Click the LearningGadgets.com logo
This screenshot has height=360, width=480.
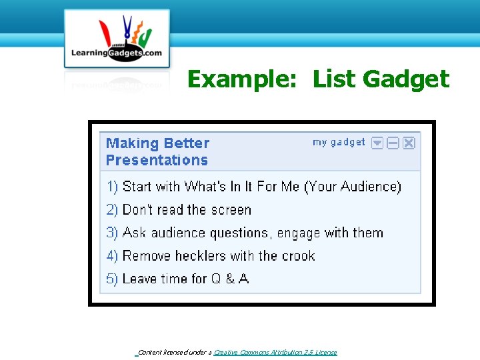[x=117, y=39]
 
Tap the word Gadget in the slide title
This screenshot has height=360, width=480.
[x=406, y=79]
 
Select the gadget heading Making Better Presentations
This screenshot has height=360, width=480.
[x=157, y=151]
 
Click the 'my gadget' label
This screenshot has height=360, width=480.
[x=339, y=142]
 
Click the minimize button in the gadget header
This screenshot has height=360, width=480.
[x=393, y=143]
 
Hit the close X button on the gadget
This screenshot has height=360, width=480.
[x=409, y=143]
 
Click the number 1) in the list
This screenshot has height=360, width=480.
[x=112, y=187]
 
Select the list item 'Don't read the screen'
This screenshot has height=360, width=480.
[x=187, y=210]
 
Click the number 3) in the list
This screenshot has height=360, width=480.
[x=112, y=233]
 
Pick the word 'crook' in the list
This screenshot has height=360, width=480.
[x=298, y=256]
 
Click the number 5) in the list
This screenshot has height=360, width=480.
[x=112, y=279]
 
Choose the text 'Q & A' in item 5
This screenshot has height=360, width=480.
[x=230, y=279]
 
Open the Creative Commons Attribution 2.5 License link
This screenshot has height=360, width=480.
[x=275, y=353]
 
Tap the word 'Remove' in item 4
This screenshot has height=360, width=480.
[x=147, y=256]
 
